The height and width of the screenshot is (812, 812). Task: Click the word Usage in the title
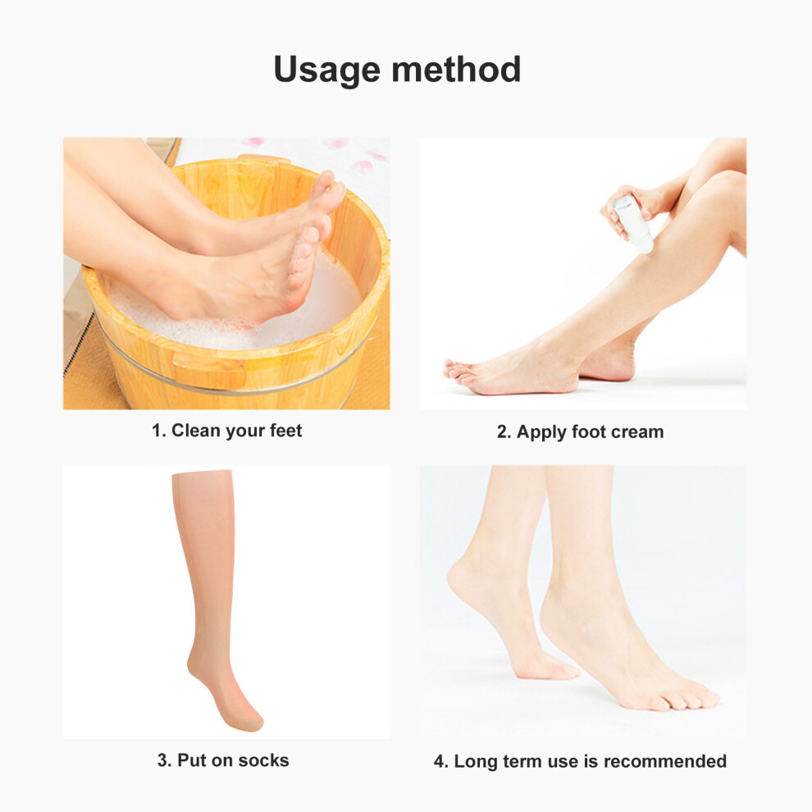326,71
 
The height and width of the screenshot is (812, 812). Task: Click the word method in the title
456,69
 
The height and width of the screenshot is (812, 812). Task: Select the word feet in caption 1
286,431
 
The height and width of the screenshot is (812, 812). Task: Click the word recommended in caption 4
665,761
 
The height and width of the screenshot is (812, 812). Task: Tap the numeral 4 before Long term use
440,761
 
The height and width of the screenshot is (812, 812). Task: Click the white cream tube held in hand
634,224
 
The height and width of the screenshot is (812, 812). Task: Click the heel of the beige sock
194,667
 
